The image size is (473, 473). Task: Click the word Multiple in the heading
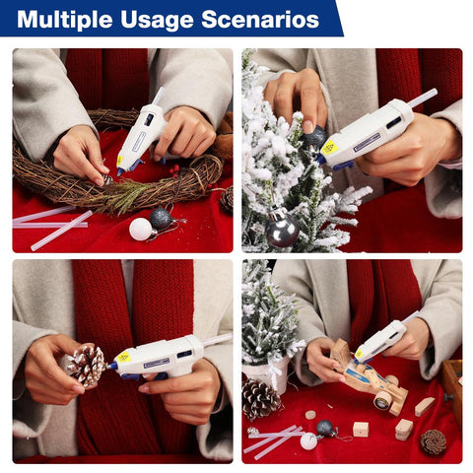point(65,20)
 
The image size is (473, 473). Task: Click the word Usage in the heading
point(158,21)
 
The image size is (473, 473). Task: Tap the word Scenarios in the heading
point(260,20)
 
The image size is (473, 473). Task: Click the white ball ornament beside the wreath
point(141,229)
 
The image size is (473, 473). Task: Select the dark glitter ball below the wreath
point(162,219)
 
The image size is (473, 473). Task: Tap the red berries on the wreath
point(174,171)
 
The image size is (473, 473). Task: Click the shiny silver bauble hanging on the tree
point(282,230)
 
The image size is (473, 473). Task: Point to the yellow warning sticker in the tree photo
point(329,148)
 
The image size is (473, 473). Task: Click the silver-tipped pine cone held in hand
point(86,365)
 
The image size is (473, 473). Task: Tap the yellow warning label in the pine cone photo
point(124,357)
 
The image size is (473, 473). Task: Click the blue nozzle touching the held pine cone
point(111,367)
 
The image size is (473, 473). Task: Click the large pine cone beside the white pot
point(260,398)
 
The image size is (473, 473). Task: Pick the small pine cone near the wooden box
point(434,442)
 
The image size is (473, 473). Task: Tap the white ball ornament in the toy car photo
point(308,440)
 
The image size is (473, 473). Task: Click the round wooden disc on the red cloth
point(310,415)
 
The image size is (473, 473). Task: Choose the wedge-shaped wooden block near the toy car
point(425,407)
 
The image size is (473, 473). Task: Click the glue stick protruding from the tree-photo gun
point(423,98)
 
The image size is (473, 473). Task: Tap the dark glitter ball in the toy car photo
point(325,429)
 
